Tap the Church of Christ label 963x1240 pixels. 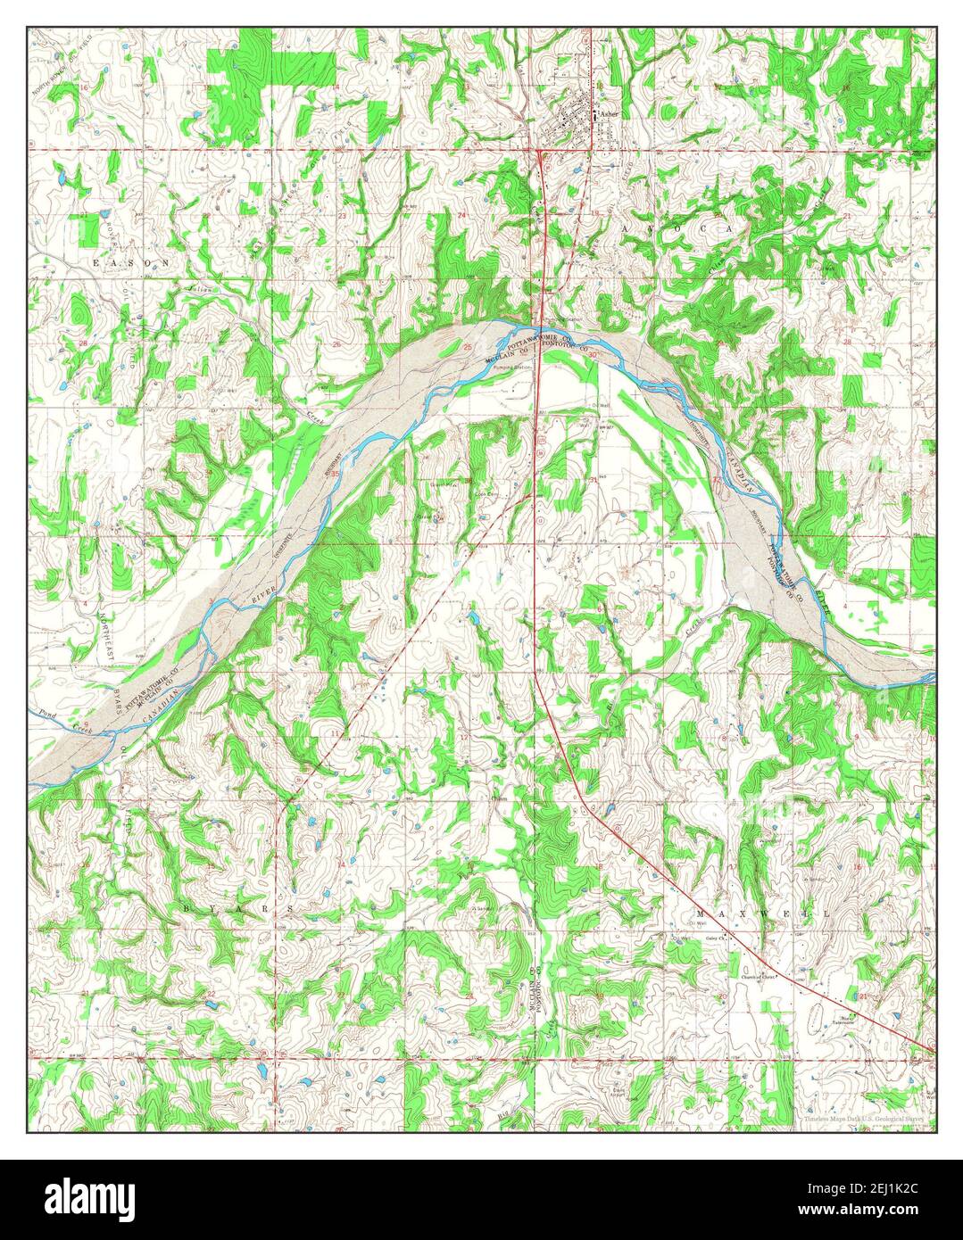pos(759,977)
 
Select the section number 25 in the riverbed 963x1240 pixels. pos(468,346)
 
